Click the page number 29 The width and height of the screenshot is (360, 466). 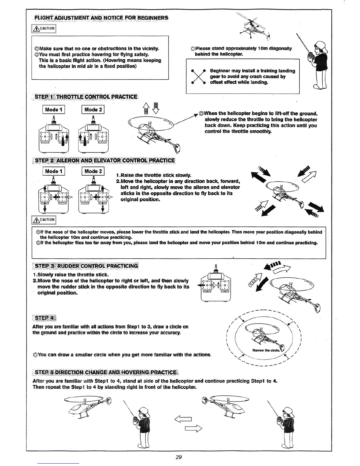[x=179, y=457]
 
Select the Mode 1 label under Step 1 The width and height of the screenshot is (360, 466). [x=54, y=110]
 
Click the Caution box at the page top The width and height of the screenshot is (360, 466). [x=44, y=29]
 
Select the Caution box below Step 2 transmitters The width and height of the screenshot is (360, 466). [x=44, y=220]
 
